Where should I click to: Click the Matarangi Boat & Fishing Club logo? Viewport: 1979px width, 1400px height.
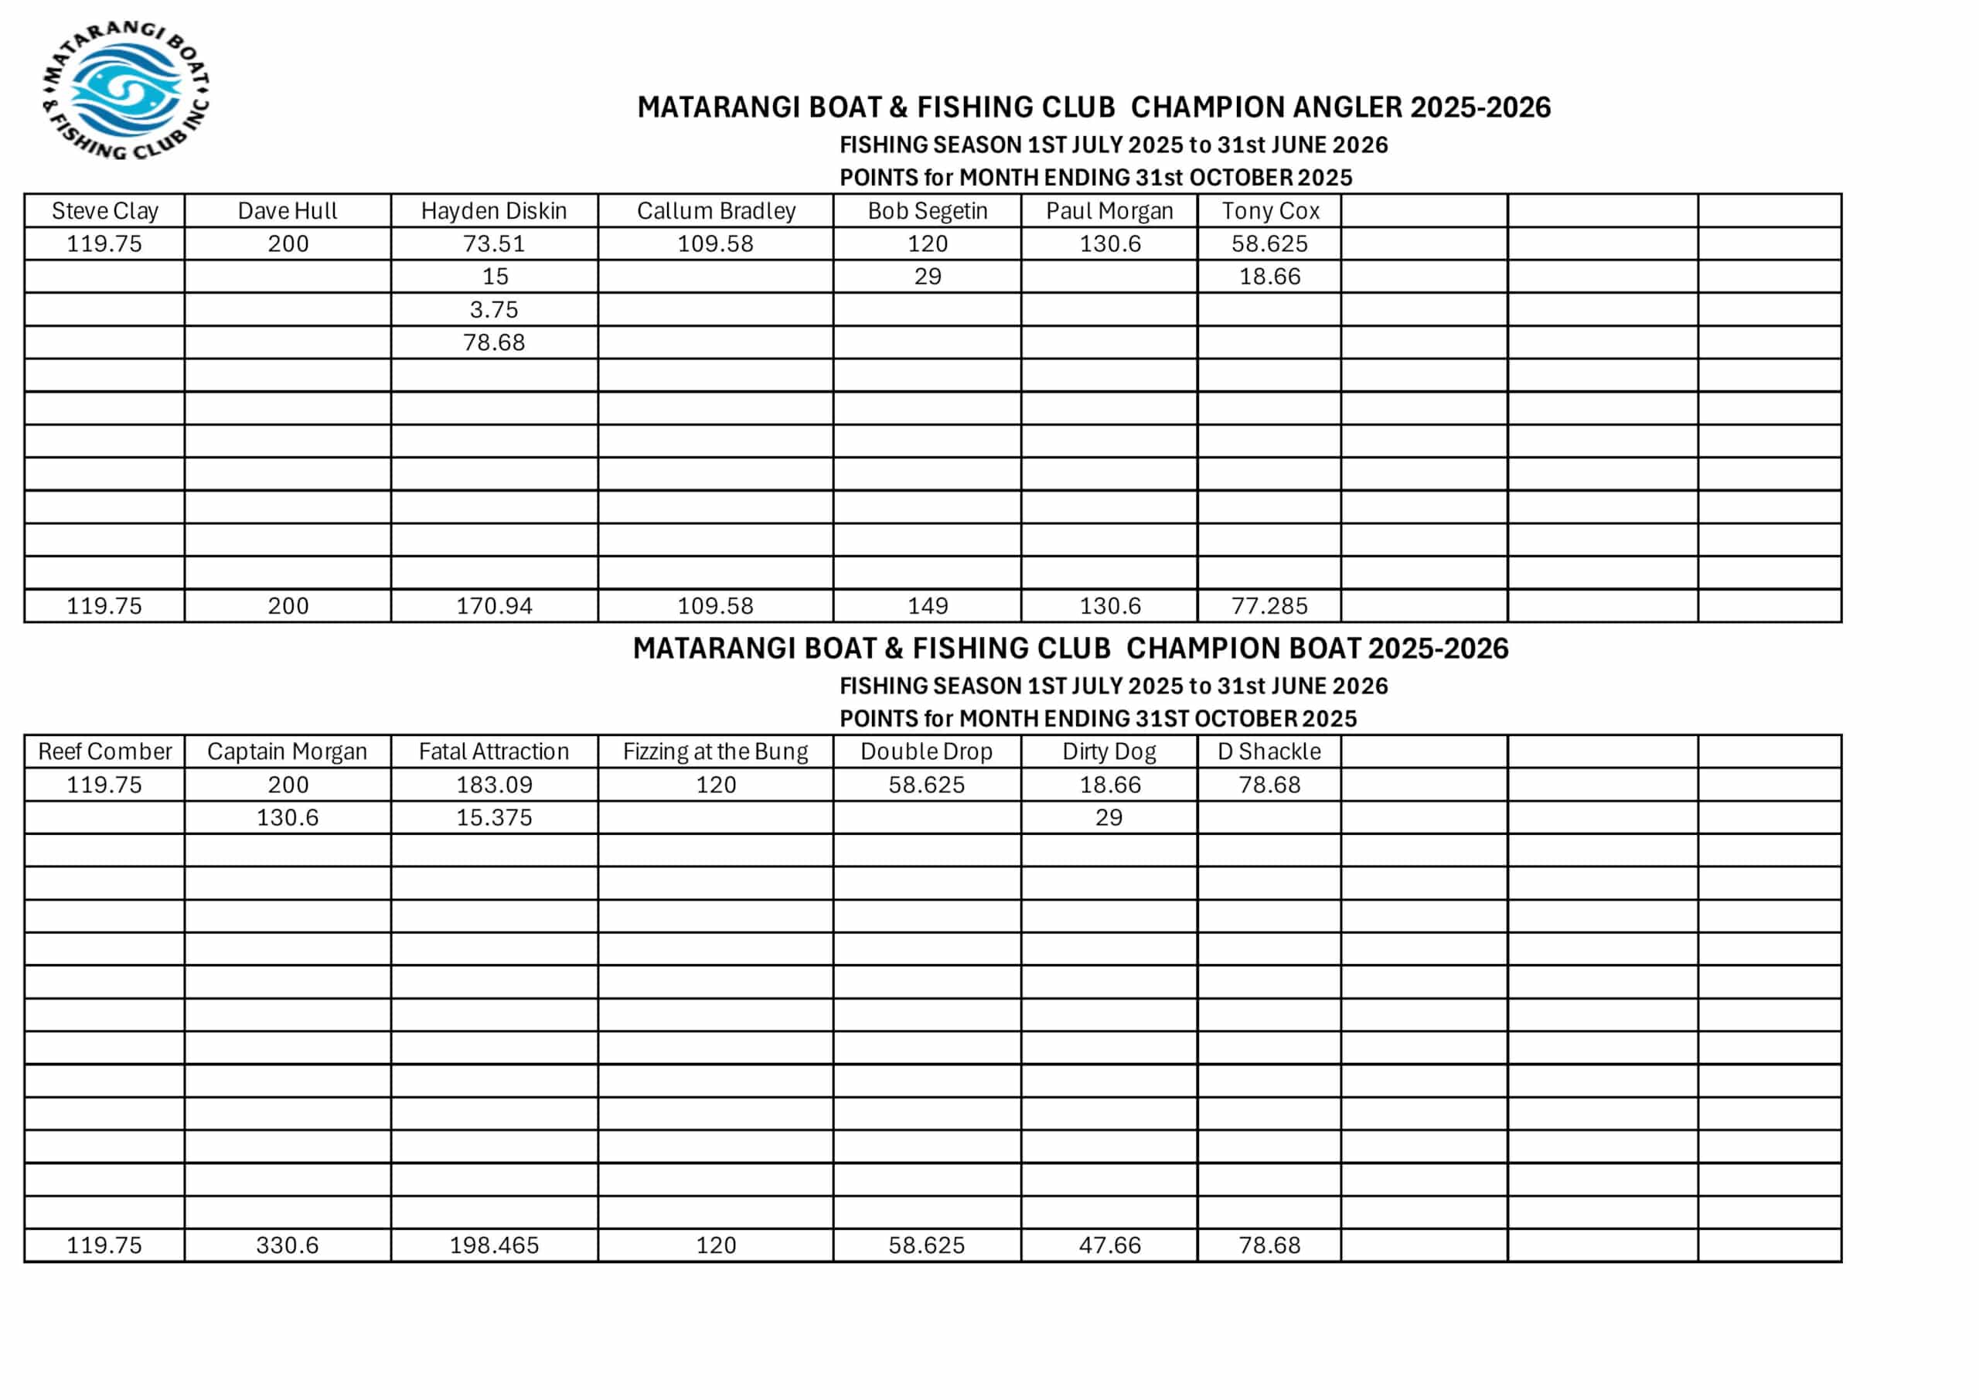[126, 90]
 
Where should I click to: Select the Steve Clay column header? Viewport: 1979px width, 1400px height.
[104, 211]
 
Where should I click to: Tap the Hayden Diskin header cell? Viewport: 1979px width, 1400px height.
[494, 211]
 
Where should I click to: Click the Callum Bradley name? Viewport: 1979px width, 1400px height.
[715, 211]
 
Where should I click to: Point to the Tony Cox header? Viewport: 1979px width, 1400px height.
[1269, 211]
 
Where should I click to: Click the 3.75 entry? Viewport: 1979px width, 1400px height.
[494, 309]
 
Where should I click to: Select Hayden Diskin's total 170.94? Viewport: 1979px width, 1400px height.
[494, 606]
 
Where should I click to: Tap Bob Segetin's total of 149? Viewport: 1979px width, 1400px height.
[928, 606]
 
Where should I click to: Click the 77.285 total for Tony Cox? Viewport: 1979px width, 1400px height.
[1269, 606]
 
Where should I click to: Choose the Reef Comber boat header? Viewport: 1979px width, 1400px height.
[104, 751]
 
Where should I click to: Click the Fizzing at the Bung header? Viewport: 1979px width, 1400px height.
[715, 751]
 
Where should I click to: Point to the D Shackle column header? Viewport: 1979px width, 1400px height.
[1269, 751]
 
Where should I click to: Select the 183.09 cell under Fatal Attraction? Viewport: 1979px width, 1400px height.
[494, 785]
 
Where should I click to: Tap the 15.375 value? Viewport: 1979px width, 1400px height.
[494, 817]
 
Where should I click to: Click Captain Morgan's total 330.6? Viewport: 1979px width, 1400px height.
[287, 1245]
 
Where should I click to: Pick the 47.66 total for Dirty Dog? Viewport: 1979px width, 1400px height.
[1109, 1245]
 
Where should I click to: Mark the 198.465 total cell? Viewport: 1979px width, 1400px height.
[494, 1245]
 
